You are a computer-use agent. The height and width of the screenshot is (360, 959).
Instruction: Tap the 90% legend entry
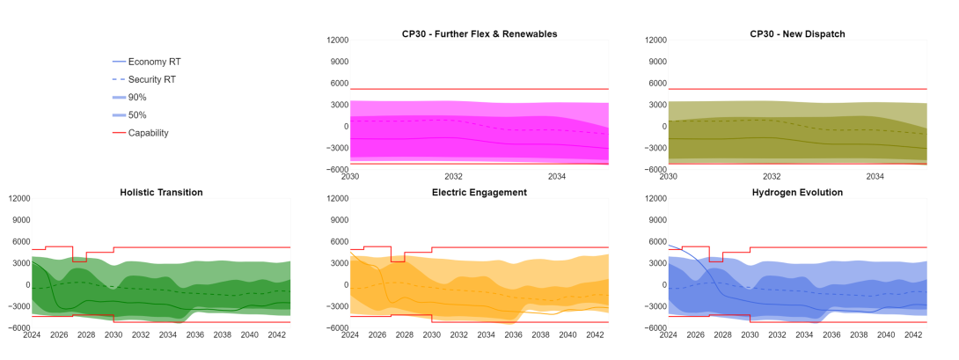(x=136, y=97)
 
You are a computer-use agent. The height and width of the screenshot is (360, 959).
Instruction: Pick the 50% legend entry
(x=136, y=115)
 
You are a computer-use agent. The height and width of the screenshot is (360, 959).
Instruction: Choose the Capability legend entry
(x=148, y=133)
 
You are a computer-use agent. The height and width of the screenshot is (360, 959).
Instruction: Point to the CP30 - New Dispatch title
(x=797, y=33)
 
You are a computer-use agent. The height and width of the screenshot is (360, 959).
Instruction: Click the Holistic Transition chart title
(x=161, y=192)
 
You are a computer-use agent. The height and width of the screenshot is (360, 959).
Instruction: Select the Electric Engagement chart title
(x=479, y=192)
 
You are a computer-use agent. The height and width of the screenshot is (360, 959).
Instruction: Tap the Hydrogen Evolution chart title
(x=797, y=192)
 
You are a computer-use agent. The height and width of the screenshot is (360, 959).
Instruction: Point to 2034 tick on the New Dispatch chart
(x=875, y=176)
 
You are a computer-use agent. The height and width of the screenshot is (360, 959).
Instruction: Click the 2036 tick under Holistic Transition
(x=195, y=334)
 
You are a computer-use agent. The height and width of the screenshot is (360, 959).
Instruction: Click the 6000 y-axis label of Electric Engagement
(x=338, y=241)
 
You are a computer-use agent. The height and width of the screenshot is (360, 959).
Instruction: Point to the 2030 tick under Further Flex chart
(x=350, y=176)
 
